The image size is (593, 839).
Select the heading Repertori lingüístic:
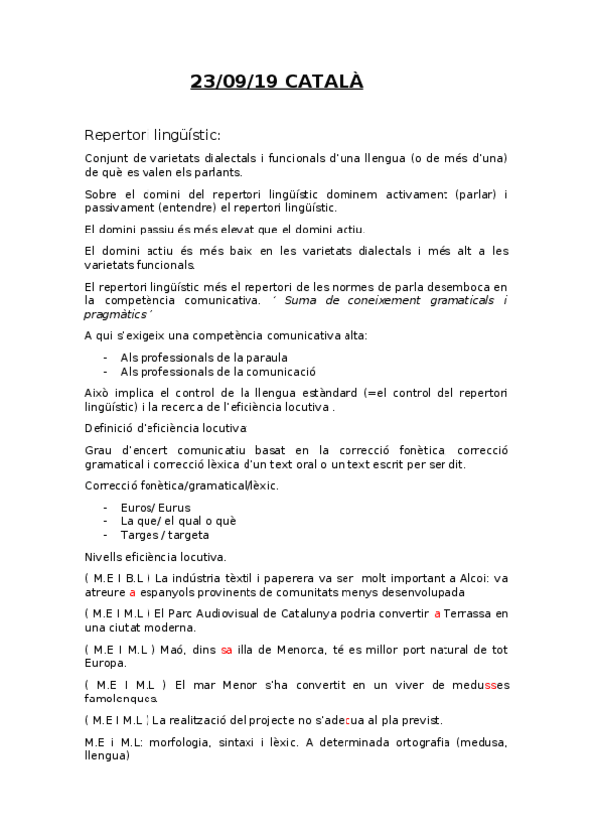(151, 135)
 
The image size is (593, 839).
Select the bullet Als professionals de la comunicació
(217, 372)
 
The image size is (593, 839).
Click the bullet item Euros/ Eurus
(155, 507)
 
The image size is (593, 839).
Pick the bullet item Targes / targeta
(164, 534)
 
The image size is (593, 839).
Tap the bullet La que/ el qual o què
(178, 520)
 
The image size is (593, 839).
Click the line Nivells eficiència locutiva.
(155, 556)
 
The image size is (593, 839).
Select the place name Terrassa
(474, 614)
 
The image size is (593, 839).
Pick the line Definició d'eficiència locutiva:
(166, 428)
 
